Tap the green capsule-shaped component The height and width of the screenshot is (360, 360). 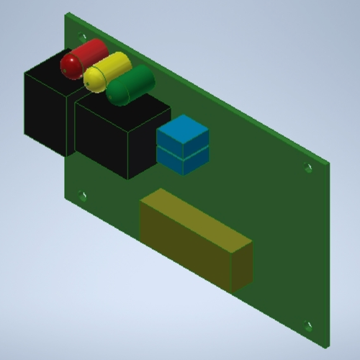tap(130, 85)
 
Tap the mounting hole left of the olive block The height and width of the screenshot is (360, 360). tap(83, 195)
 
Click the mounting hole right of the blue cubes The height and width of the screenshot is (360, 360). tap(308, 168)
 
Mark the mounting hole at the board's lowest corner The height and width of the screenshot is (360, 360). tap(308, 325)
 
